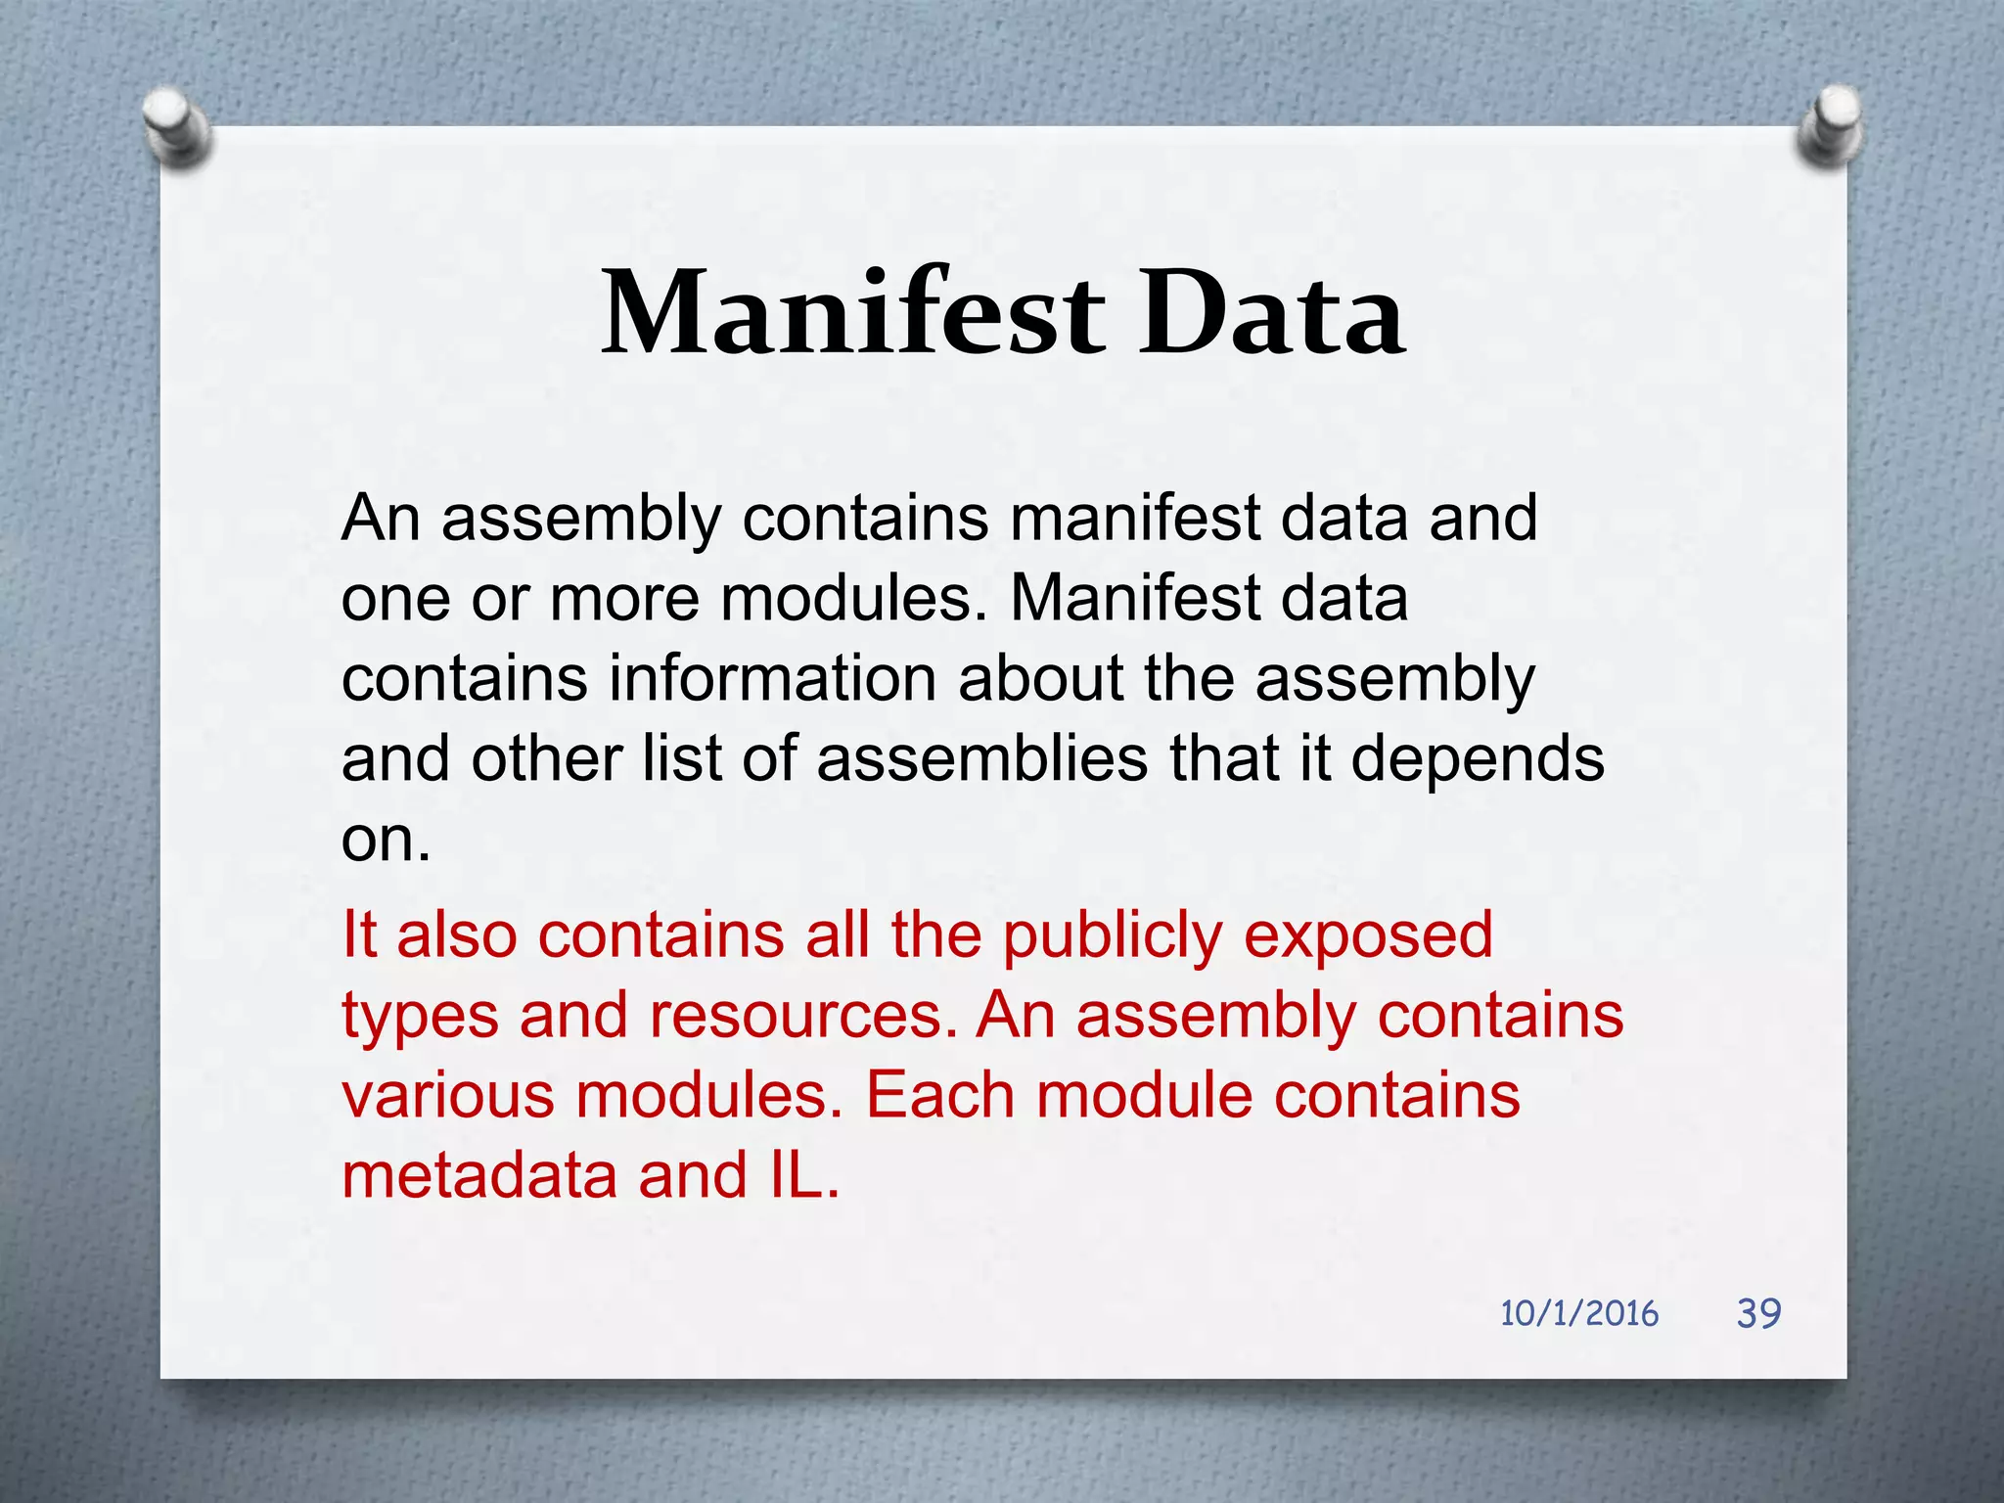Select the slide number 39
click(1758, 1313)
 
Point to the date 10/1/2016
click(1579, 1314)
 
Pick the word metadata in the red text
click(479, 1176)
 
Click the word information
click(773, 679)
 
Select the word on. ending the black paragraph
click(386, 840)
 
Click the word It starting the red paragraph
click(359, 934)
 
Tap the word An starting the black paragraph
click(381, 519)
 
